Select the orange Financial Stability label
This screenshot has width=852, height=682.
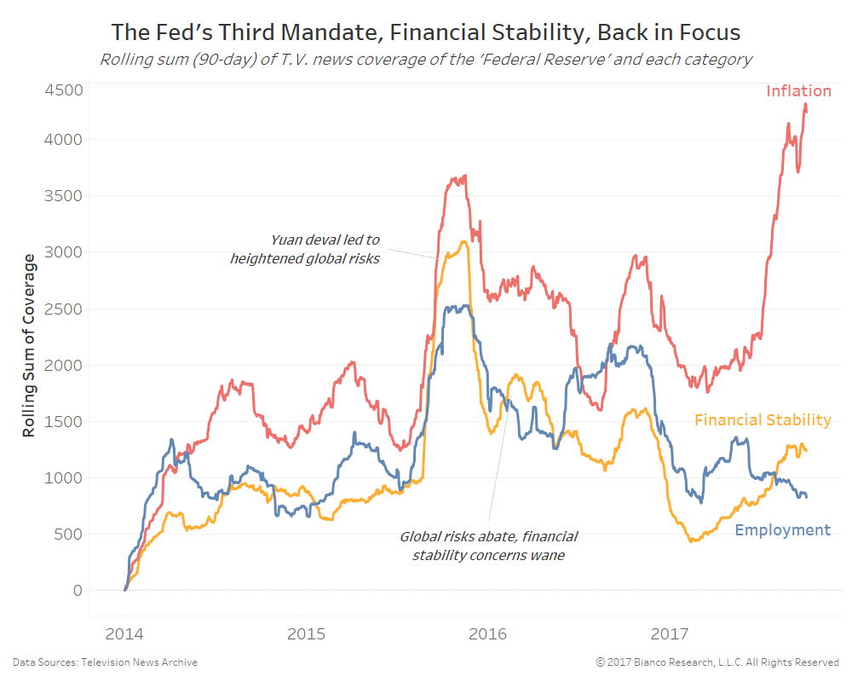click(x=763, y=420)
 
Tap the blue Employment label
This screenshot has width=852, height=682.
click(x=782, y=530)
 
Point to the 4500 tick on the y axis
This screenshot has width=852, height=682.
click(x=65, y=90)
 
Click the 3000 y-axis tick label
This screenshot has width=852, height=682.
click(x=65, y=252)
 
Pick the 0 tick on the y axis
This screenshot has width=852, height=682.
click(x=78, y=591)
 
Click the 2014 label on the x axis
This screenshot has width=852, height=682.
click(x=124, y=634)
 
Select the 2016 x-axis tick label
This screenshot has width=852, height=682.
click(x=487, y=634)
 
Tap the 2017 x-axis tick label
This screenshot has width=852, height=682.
click(x=669, y=634)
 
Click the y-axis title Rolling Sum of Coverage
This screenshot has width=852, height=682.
click(x=30, y=345)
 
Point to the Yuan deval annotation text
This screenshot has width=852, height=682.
click(x=305, y=249)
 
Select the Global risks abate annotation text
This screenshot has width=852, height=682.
click(x=489, y=546)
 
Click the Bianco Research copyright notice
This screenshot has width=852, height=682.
click(x=717, y=662)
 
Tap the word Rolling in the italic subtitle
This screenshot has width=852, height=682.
click(x=124, y=61)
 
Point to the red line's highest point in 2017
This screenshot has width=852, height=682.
click(x=805, y=104)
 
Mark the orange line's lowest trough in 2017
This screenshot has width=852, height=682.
click(x=691, y=541)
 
